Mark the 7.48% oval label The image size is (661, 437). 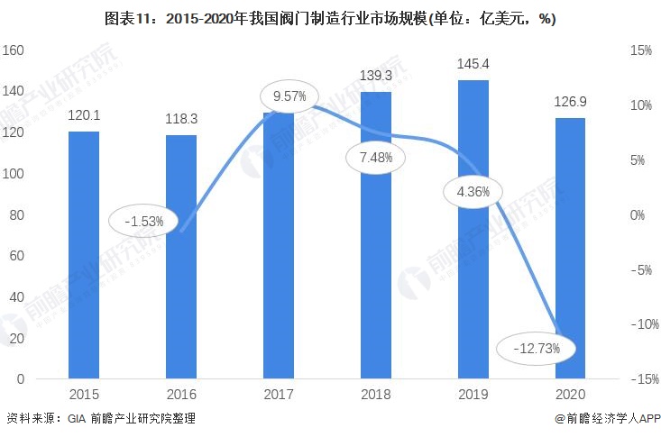coord(374,158)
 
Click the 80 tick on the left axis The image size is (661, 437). coord(15,215)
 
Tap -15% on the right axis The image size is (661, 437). coord(638,379)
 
